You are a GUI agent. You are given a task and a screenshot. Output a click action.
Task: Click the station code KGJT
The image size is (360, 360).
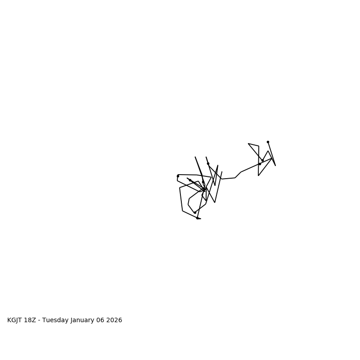click(16, 320)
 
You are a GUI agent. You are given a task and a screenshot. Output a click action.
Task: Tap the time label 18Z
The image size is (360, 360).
click(32, 320)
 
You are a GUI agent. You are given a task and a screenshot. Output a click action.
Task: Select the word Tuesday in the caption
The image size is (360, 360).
click(56, 320)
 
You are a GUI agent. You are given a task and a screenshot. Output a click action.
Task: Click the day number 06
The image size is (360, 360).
click(102, 320)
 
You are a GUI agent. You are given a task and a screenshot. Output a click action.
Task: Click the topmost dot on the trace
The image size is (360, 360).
click(268, 142)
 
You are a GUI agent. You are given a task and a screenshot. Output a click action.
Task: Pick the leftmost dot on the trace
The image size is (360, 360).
click(178, 176)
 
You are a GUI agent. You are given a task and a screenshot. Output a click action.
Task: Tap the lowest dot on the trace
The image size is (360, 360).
click(197, 218)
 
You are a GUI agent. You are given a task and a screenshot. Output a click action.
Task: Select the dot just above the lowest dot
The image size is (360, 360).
click(195, 212)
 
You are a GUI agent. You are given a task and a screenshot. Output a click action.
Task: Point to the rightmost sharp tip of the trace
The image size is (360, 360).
click(275, 166)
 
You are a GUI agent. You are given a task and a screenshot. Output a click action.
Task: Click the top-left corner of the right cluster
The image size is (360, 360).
click(248, 144)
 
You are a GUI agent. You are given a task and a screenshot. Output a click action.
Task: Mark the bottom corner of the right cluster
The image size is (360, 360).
click(258, 175)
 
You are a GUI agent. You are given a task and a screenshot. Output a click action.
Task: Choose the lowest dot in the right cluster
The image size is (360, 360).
click(260, 164)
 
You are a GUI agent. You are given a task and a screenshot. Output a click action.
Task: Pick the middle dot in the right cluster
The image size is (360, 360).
click(262, 160)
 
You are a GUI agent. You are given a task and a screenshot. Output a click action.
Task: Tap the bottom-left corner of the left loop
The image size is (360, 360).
click(183, 211)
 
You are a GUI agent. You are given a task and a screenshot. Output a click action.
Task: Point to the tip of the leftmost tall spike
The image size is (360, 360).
click(195, 157)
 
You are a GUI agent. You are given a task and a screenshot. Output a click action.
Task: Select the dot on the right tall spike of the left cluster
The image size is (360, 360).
click(208, 163)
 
